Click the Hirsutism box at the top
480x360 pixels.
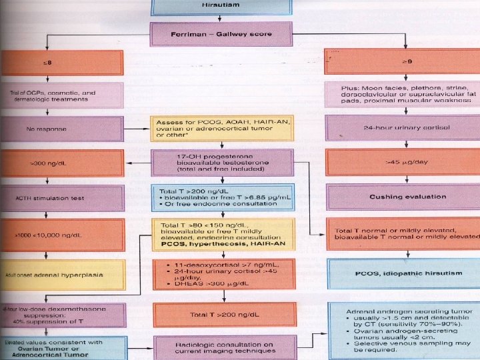pyautogui.click(x=221, y=6)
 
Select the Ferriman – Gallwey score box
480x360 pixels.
pyautogui.click(x=221, y=33)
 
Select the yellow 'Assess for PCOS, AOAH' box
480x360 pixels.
pyautogui.click(x=221, y=131)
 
